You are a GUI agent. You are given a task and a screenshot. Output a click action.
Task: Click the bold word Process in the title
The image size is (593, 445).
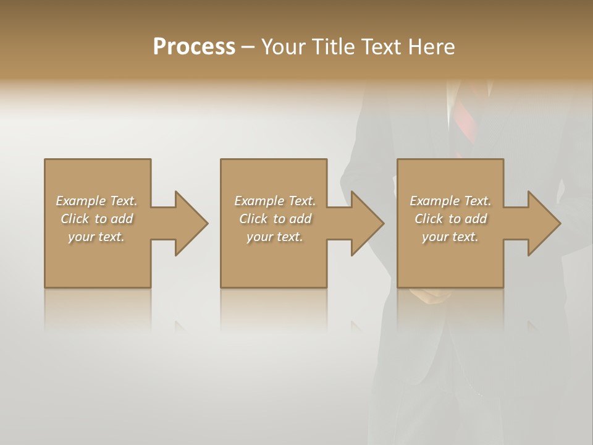194,47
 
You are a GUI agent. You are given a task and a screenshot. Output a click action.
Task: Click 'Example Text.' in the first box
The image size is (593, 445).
96,201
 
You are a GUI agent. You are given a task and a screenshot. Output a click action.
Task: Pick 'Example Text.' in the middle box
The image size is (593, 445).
275,201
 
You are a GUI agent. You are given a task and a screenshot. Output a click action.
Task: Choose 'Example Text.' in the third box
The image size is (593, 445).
450,201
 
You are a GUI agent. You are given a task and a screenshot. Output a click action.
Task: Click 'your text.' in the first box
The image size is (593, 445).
96,237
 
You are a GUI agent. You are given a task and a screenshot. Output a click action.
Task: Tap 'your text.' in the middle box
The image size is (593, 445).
275,237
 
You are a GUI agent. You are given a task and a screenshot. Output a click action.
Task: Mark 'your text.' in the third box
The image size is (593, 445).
450,237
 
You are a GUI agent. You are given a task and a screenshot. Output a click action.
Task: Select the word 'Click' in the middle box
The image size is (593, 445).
253,219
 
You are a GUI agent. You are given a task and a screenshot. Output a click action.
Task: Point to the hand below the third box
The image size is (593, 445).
435,297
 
